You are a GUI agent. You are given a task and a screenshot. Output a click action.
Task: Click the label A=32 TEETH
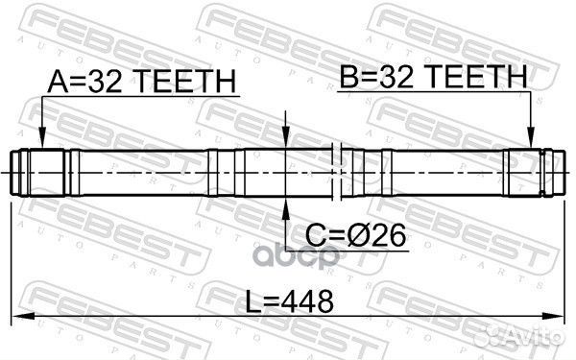141,82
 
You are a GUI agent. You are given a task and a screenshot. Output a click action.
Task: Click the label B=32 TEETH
434,76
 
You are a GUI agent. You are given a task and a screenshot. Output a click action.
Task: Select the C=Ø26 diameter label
355,235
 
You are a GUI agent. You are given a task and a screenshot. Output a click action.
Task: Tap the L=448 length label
290,301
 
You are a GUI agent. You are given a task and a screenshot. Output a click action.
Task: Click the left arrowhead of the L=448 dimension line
23,316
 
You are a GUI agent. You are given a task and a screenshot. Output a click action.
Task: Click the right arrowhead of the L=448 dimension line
553,316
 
